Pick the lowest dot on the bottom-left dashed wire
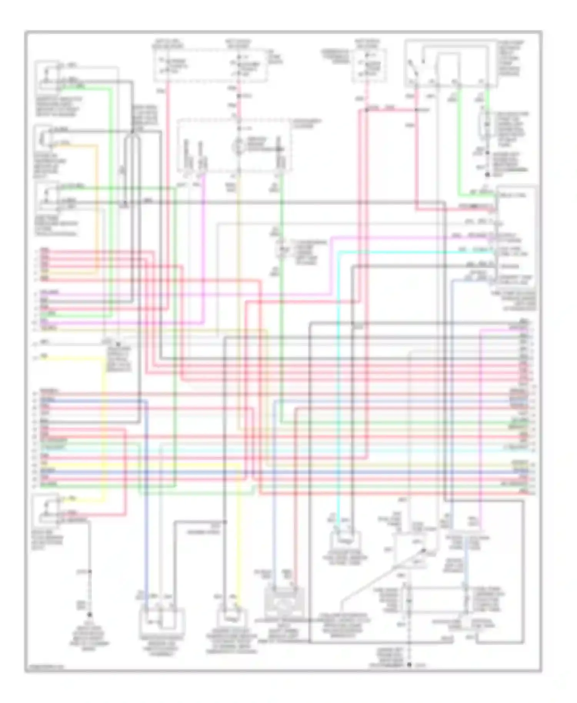90,614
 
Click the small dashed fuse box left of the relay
369,65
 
